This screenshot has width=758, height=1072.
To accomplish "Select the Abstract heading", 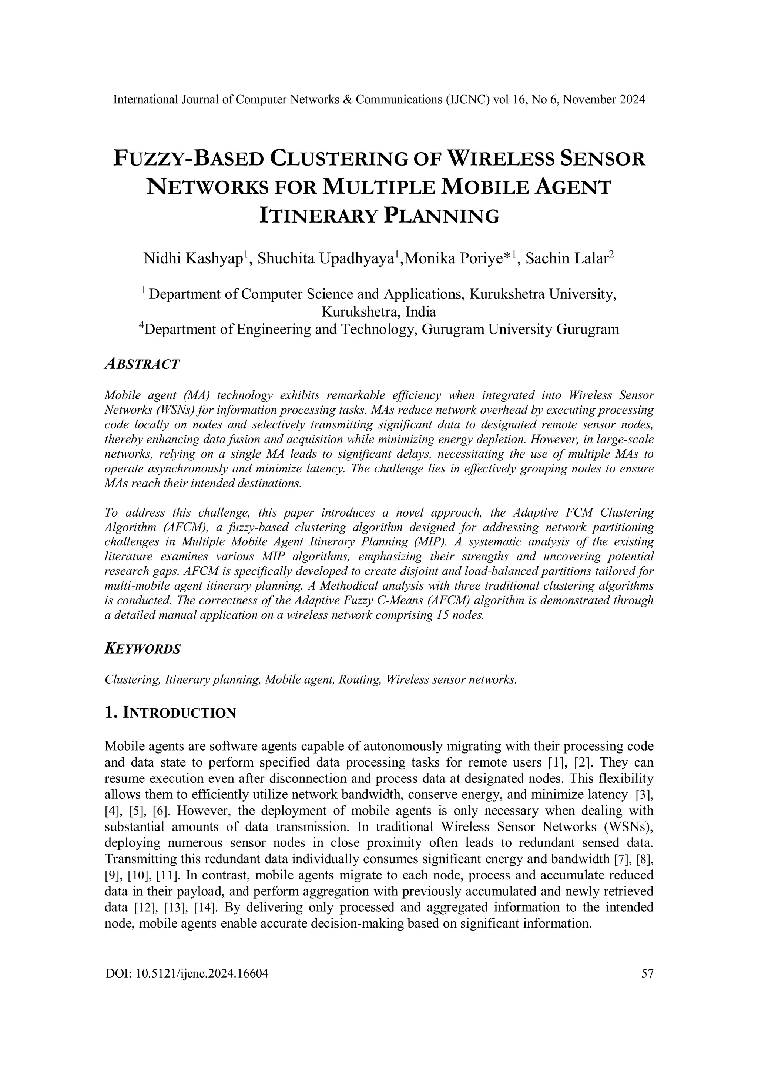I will point(142,364).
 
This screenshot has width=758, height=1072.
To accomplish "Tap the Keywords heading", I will point(142,648).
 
